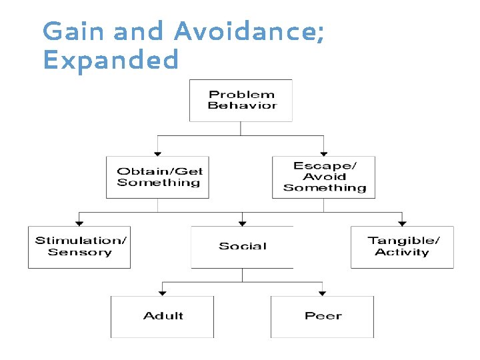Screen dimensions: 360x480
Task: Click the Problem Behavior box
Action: pos(241,101)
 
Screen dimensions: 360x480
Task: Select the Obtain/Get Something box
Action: pos(157,177)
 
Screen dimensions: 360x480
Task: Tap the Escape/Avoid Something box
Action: pos(324,177)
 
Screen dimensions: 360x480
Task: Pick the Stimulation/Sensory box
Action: pos(79,247)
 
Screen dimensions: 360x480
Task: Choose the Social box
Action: pos(242,247)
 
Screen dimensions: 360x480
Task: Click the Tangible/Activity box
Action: pos(402,247)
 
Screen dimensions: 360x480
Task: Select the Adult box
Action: pos(162,317)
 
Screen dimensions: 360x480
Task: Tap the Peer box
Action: pos(323,317)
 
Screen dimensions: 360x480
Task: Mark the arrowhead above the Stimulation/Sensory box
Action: pos(79,223)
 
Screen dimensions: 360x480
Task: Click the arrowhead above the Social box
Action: pos(242,223)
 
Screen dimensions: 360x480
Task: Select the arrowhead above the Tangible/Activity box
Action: pos(402,223)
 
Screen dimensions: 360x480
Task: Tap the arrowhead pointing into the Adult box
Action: pos(162,293)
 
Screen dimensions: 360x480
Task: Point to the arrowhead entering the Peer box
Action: pos(323,293)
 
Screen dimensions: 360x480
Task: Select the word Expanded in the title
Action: pos(111,61)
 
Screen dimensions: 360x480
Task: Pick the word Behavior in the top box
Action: pos(242,106)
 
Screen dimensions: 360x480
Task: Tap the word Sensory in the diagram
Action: pos(79,253)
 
